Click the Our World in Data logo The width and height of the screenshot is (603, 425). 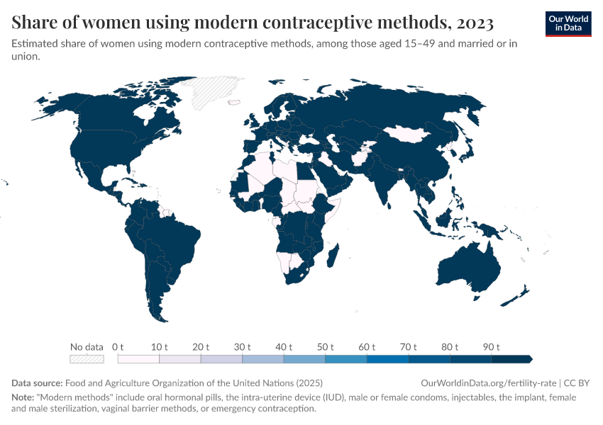coord(568,23)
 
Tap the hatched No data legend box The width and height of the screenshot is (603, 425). coord(87,359)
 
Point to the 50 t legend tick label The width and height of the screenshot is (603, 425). coord(325,347)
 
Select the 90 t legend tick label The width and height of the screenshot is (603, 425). coord(492,347)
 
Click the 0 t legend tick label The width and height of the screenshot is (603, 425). coord(118,347)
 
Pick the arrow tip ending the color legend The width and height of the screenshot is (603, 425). coord(530,359)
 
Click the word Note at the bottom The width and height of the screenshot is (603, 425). coord(23,397)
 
